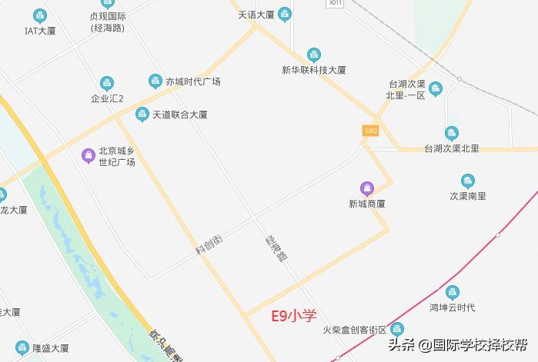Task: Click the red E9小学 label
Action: (x=295, y=315)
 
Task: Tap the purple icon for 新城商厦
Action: (x=367, y=188)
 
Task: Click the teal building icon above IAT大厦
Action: (x=40, y=15)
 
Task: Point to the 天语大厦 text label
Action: (x=256, y=14)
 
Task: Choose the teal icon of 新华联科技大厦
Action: (x=313, y=55)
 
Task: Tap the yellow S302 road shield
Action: (x=370, y=131)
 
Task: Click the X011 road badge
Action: (x=335, y=3)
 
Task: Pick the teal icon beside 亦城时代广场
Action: (x=155, y=81)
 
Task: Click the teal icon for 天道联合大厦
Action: (x=142, y=115)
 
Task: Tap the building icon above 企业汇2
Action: (x=107, y=83)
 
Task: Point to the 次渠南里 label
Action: (x=468, y=196)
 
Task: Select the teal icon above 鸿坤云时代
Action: (x=452, y=292)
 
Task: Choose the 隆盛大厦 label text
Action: (x=51, y=348)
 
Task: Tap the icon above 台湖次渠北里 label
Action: (x=452, y=134)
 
